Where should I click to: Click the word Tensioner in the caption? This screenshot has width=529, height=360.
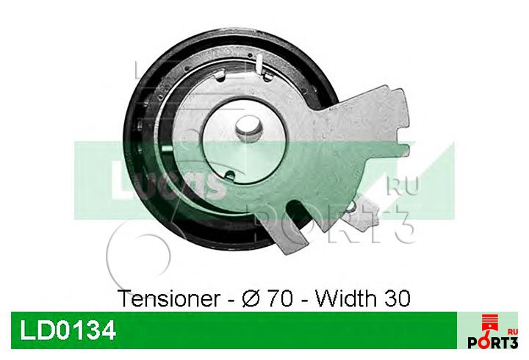tap(170, 298)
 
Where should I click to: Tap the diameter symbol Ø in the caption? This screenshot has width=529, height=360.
tap(251, 298)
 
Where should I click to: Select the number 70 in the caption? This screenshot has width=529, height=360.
tap(280, 298)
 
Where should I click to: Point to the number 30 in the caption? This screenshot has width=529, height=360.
tap(397, 298)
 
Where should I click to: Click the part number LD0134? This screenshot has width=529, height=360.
tap(68, 331)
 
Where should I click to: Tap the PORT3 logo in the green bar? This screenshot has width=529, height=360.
tap(492, 342)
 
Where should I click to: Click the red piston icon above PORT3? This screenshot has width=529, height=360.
tap(490, 324)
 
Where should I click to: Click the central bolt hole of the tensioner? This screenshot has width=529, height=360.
tap(249, 129)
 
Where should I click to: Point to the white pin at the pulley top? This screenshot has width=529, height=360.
tap(259, 63)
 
